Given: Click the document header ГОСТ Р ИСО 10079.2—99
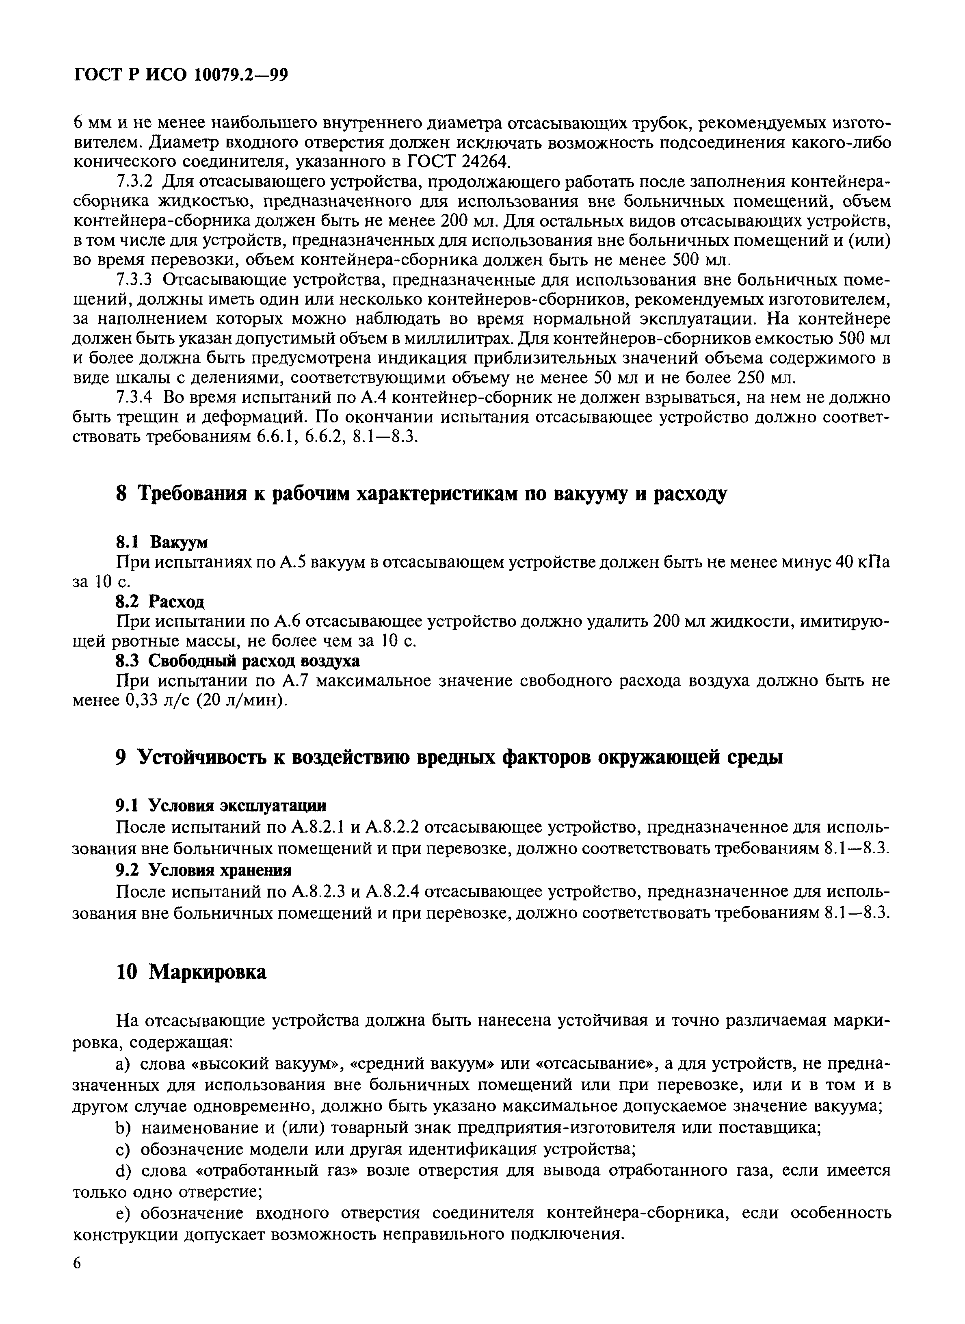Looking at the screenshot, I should [181, 76].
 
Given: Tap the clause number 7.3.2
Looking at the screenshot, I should [135, 182].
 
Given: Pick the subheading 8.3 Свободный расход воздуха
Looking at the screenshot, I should [237, 660].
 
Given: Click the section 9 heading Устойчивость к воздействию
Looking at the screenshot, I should [449, 757].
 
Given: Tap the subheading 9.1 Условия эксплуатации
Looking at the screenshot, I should [220, 806].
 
